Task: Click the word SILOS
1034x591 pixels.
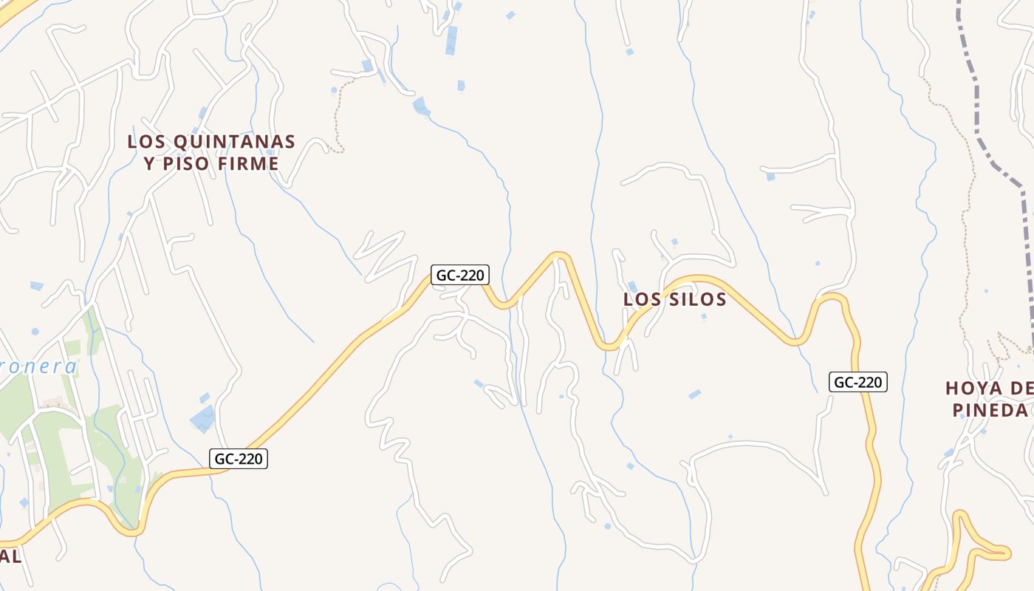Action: coord(697,299)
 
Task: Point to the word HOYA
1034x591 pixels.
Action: coord(973,389)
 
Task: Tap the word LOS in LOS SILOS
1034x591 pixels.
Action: coord(641,299)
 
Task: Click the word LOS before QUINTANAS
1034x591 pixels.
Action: coord(146,141)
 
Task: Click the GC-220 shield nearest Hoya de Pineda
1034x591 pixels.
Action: coord(857,383)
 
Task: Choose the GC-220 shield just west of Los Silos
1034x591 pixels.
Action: coord(459,276)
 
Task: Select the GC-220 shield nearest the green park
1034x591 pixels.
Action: coord(238,459)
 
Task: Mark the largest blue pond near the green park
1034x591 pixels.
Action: coord(202,419)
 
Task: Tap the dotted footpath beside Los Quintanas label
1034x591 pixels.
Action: coord(338,118)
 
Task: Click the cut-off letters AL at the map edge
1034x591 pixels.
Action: coord(10,556)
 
